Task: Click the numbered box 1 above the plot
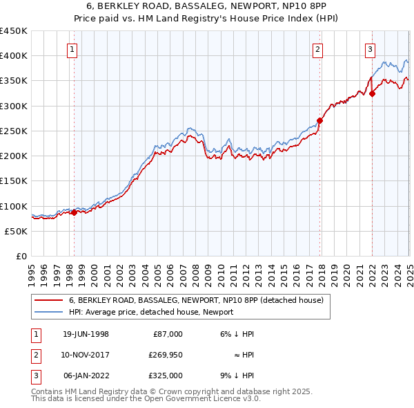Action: (x=72, y=48)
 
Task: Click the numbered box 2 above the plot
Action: (x=317, y=48)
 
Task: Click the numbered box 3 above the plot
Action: (x=370, y=48)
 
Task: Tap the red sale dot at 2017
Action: (x=319, y=120)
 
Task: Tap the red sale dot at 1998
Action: (x=75, y=212)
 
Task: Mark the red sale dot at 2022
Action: (x=372, y=93)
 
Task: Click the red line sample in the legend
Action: (x=49, y=300)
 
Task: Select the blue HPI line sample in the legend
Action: (x=49, y=312)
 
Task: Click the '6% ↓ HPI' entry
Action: (x=237, y=334)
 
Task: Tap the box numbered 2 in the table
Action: (x=35, y=355)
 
